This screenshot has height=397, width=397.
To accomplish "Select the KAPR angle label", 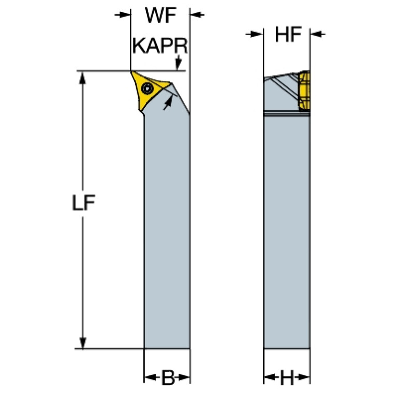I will pos(159,46).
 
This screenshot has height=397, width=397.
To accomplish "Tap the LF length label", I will pos(83,202).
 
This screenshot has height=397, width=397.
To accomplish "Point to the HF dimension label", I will pos(287,35).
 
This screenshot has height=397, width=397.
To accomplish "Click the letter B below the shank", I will pos(167,378).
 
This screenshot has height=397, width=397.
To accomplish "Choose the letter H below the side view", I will pos(287,378).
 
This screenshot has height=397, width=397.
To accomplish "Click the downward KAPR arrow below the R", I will pos(179,65).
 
